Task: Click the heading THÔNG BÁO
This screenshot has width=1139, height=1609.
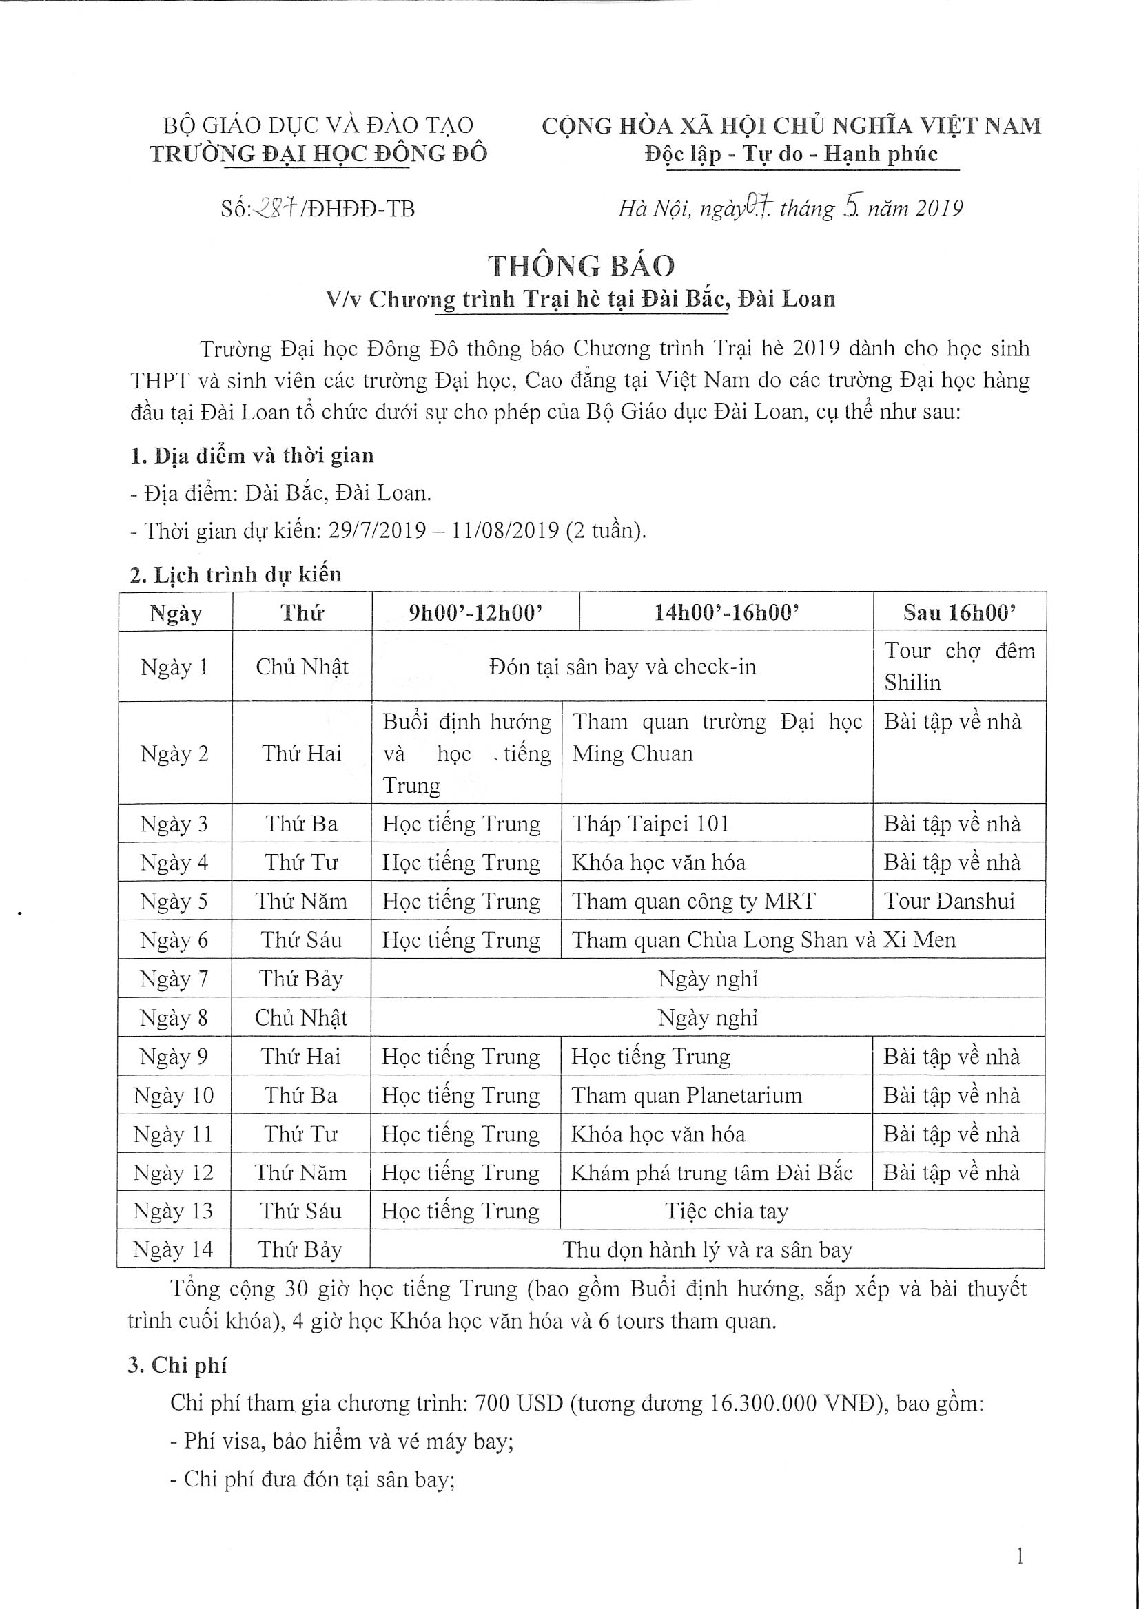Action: point(582,266)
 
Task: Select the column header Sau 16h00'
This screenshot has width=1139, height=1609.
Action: point(958,613)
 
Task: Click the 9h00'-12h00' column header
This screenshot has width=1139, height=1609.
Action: point(475,613)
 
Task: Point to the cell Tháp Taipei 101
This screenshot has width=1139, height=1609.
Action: point(651,823)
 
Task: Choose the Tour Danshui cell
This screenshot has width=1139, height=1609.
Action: point(949,901)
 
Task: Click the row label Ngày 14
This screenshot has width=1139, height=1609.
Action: point(172,1249)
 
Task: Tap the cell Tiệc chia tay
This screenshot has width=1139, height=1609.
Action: point(726,1211)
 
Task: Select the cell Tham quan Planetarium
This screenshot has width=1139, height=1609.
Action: point(686,1095)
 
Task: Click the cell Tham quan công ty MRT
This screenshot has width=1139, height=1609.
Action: point(694,901)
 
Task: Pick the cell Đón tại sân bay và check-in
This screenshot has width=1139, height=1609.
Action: point(622,666)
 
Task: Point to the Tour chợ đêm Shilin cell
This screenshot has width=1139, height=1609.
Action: point(958,666)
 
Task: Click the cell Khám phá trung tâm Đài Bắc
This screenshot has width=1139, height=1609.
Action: point(712,1172)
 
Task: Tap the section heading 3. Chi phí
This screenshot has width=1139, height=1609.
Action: point(178,1364)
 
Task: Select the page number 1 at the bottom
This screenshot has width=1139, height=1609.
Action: point(1020,1558)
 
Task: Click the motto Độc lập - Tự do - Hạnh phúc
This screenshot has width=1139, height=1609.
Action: point(791,154)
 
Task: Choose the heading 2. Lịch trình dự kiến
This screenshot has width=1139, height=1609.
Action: point(236,574)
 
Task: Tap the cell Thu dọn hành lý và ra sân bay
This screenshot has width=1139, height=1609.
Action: point(707,1249)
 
